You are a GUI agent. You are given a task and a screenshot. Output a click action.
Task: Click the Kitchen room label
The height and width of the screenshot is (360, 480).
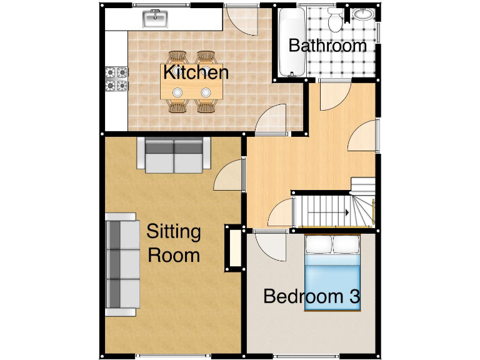pos(196,72)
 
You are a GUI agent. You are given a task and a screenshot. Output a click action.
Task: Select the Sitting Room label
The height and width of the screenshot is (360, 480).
pos(173,243)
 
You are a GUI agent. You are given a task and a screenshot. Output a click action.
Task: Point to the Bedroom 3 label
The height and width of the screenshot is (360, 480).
pos(311,296)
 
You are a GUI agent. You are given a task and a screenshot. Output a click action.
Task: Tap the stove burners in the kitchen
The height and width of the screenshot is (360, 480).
pos(117,79)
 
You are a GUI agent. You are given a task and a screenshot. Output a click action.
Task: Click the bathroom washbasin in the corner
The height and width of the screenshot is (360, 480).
pos(362,16)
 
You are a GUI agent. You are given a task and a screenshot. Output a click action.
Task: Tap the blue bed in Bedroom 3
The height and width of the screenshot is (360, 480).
pos(332,275)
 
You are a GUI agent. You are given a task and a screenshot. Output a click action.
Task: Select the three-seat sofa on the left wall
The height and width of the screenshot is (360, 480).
pos(122,265)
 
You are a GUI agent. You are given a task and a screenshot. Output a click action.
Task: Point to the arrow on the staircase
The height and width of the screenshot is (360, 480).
pos(345,212)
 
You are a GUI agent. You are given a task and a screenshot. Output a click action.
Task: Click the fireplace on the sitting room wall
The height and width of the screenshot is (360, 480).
pos(234,248)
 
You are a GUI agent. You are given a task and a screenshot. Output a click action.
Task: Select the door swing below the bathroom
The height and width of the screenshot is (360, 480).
pos(331,96)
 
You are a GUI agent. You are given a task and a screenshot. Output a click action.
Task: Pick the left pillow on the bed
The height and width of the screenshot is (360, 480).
pos(319,244)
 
